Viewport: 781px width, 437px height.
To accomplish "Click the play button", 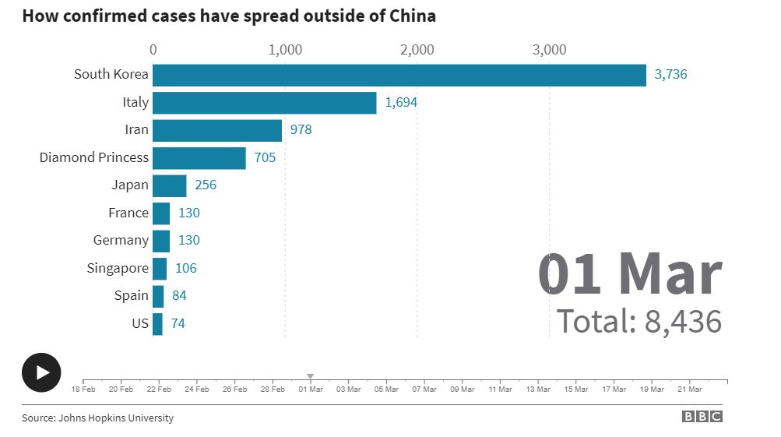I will pyautogui.click(x=41, y=372).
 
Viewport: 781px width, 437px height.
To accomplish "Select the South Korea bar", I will pyautogui.click(x=399, y=75).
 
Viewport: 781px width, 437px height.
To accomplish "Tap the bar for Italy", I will pyautogui.click(x=264, y=103).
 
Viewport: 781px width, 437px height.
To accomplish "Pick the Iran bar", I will pyautogui.click(x=217, y=130).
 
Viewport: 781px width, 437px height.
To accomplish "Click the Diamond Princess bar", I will pyautogui.click(x=199, y=158).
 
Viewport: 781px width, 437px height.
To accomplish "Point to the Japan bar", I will pyautogui.click(x=169, y=185).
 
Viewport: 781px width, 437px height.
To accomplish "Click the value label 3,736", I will pyautogui.click(x=670, y=75).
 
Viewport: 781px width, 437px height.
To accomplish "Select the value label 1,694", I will pyautogui.click(x=401, y=103).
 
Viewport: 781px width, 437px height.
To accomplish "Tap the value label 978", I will pyautogui.click(x=301, y=130).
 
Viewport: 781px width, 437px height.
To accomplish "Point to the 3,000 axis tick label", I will pyautogui.click(x=549, y=50).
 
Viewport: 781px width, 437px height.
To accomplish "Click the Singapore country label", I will pyautogui.click(x=118, y=268).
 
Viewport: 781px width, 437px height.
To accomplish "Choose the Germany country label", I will pyautogui.click(x=121, y=241).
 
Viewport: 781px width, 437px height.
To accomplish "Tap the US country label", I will pyautogui.click(x=140, y=323).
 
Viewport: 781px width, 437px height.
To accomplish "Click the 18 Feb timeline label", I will pyautogui.click(x=83, y=389).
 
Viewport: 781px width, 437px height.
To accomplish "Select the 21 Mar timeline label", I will pyautogui.click(x=689, y=389).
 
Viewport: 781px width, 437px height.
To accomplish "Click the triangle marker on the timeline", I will pyautogui.click(x=310, y=376).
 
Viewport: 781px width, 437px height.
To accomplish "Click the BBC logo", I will pyautogui.click(x=702, y=417).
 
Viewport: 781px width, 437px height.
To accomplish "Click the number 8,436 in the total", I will pyautogui.click(x=683, y=321).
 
